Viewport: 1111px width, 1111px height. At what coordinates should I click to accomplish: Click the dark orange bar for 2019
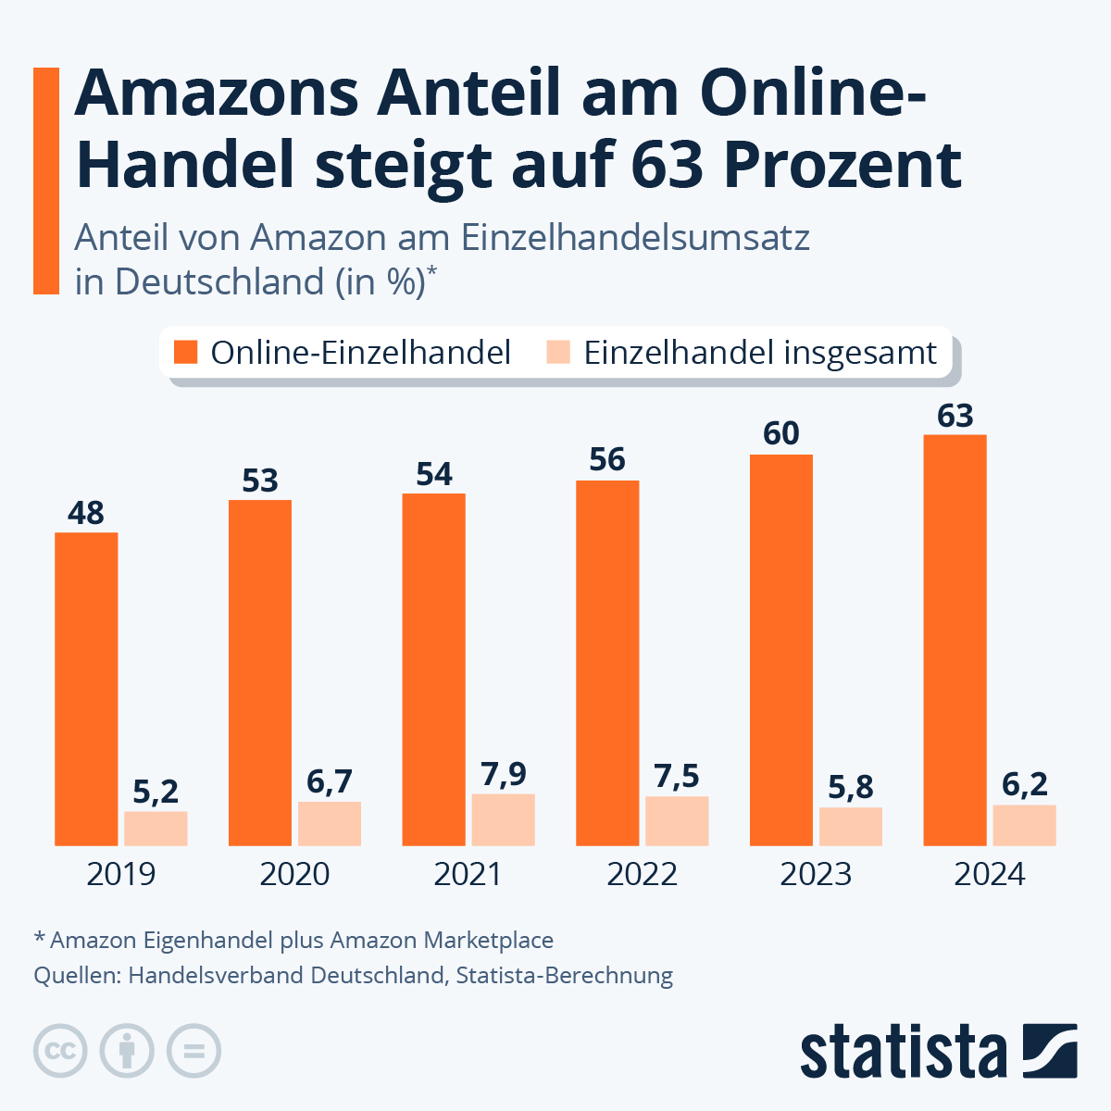pos(86,689)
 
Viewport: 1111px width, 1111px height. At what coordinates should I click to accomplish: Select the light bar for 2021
pos(503,819)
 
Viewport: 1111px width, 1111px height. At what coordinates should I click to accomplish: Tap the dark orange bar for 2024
pos(955,640)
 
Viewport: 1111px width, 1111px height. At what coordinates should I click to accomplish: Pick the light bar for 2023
pos(850,826)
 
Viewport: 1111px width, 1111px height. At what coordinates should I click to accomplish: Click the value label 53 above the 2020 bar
pos(260,481)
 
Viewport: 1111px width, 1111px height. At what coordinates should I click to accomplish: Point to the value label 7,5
pos(677,776)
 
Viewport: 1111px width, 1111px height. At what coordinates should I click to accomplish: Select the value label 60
pos(781,433)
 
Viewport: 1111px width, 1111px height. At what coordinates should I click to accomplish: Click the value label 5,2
pos(156,792)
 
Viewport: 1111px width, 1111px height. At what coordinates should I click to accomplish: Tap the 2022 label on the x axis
pos(642,874)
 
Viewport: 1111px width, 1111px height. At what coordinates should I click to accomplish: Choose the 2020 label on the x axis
pos(294,874)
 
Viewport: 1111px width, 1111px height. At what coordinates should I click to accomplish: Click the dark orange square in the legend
pos(186,352)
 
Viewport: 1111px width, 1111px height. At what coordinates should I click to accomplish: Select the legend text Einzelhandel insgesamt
pos(760,353)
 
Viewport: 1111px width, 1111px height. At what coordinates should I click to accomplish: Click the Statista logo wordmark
pos(903,1053)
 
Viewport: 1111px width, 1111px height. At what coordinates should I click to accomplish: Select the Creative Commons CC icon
pos(60,1052)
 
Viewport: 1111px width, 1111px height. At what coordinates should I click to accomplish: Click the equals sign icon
pos(193,1052)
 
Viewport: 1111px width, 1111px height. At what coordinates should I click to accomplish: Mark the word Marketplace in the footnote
pos(488,940)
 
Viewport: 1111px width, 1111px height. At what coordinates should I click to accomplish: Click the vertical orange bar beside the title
pos(46,181)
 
